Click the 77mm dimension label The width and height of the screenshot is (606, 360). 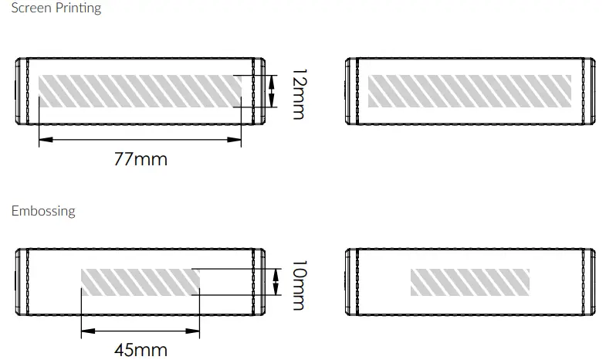140,159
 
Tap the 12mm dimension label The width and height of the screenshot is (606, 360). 299,94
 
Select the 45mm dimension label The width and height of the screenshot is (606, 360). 140,350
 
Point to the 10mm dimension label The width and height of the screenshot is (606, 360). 299,285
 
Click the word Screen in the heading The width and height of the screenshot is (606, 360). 32,8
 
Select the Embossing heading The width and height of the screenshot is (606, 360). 43,211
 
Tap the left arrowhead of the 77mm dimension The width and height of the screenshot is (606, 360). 46,140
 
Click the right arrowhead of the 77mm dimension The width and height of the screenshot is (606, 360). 234,140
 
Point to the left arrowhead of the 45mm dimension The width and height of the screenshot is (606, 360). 88,331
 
